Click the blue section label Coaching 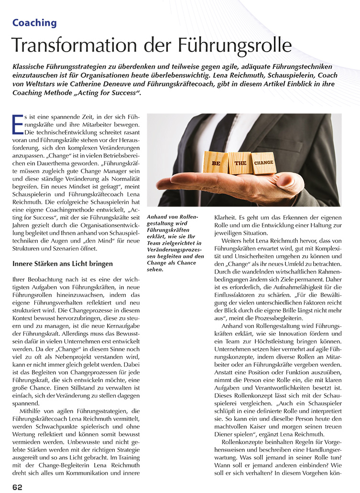[x=34, y=22]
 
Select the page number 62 [x=18, y=487]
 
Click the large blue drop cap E [x=18, y=125]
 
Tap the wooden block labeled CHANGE [x=263, y=162]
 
